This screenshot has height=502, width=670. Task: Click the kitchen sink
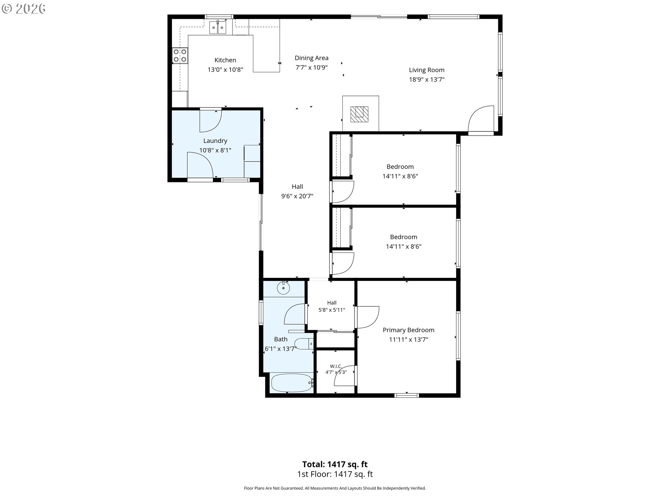(218, 27)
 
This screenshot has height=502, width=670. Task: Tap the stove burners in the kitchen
(180, 55)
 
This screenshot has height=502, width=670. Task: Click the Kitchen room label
(225, 60)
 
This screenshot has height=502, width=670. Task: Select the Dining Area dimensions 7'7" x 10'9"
(312, 68)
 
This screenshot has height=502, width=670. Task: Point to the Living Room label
(427, 70)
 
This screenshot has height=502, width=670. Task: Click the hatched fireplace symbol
(359, 114)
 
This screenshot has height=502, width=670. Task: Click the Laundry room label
(215, 141)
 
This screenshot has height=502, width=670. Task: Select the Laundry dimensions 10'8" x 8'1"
(215, 151)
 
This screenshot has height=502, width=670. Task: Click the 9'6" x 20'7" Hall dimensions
(297, 196)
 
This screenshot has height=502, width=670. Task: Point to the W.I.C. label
(336, 366)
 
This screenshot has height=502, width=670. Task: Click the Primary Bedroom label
(409, 330)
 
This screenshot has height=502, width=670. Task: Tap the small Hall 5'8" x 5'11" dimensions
(332, 310)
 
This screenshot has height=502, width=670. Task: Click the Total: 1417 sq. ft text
(335, 464)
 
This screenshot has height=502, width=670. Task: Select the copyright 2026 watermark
(23, 9)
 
